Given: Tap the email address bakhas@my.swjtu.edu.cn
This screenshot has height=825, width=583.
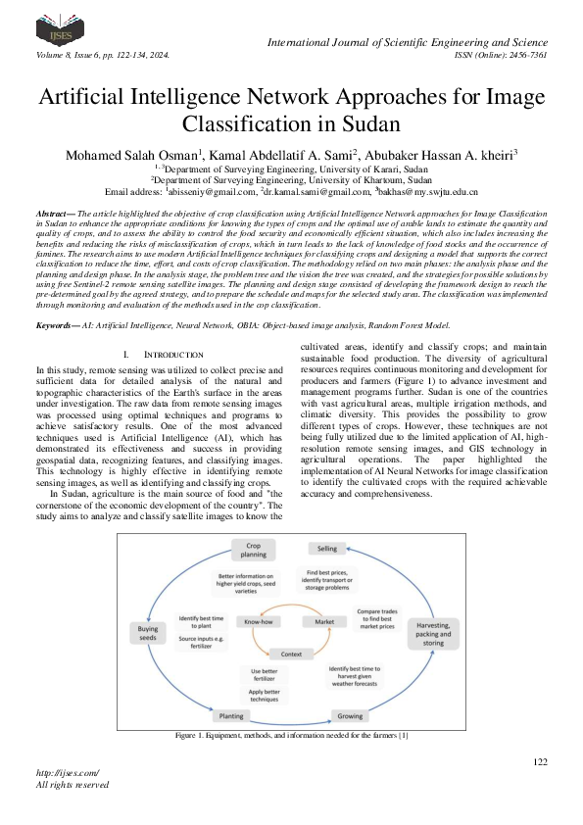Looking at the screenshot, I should click(424, 192).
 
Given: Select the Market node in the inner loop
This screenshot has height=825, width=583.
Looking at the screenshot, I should click(323, 621).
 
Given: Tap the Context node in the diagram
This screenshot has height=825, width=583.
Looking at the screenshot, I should click(291, 653).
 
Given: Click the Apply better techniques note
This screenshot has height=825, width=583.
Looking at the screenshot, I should click(258, 696).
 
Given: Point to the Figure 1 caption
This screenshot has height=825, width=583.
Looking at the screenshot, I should click(291, 735).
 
